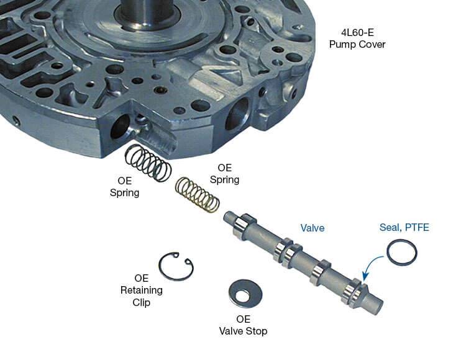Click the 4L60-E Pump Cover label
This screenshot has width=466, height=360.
point(357,38)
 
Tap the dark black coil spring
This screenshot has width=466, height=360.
point(148,163)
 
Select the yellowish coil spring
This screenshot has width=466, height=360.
point(198,195)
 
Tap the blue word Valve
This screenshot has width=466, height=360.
point(313,228)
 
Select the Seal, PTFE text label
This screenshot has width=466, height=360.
point(404,227)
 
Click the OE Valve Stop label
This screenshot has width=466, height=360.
point(243,325)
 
